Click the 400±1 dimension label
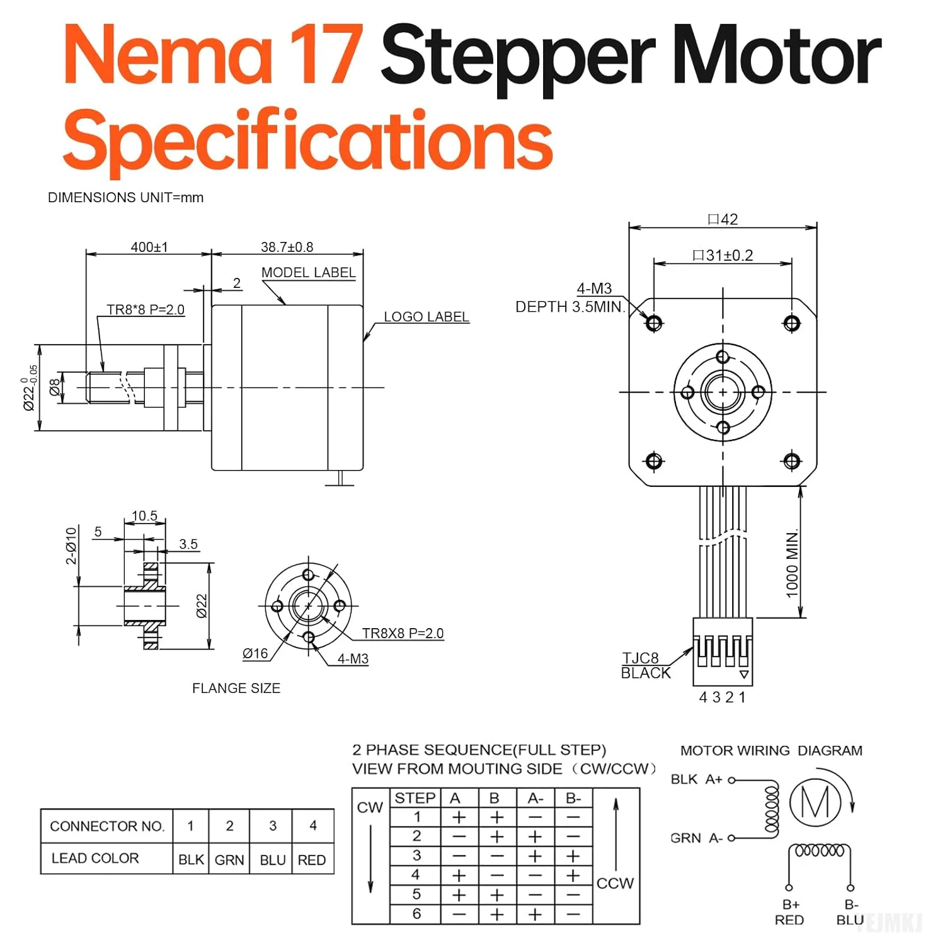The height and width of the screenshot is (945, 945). coord(149,247)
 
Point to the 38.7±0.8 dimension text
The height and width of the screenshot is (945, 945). coord(287,247)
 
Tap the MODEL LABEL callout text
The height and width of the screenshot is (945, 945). coord(308,273)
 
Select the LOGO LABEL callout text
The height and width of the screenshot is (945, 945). coord(427,317)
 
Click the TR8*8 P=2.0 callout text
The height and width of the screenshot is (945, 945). coord(146,310)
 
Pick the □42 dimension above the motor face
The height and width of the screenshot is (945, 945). coord(723,219)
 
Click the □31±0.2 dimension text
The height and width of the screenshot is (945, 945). coord(723,255)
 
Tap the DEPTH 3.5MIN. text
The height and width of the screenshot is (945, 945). coord(570,307)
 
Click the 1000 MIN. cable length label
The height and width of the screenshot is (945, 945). coord(792,563)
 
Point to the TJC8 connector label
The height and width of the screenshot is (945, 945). coord(640,658)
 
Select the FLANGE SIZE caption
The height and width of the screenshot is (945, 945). coord(236,689)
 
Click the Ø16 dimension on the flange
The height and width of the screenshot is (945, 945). coord(255,654)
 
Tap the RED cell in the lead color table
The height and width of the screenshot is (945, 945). coord(312,860)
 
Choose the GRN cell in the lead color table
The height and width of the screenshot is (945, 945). coord(229,860)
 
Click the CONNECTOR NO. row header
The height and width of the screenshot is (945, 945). coord(106,826)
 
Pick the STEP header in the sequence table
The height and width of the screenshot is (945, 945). coord(415,798)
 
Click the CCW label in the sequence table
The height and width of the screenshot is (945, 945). coord(615,883)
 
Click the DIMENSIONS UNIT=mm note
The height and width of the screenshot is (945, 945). coord(125,197)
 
